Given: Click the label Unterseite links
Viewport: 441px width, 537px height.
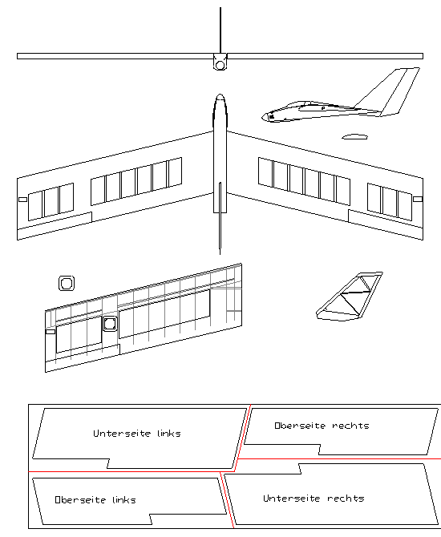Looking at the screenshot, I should point(137,434).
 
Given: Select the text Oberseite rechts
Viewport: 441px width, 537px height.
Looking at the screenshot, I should point(322,426).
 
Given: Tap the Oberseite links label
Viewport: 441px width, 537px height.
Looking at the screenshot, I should point(95,499).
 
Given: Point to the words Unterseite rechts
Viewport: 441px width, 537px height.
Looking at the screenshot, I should point(314,499).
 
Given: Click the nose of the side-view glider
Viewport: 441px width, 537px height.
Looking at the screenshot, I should point(266,117).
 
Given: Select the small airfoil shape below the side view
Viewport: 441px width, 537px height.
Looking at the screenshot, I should point(354,137).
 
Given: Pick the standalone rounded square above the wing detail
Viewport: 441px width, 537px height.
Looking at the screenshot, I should point(67,283).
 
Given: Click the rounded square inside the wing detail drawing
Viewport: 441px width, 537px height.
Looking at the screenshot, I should point(109,323).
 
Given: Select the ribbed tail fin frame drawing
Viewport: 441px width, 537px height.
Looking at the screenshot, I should point(350,298).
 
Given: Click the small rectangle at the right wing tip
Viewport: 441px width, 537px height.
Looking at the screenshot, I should point(417,196).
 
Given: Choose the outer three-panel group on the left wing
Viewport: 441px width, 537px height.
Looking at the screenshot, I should point(51,200).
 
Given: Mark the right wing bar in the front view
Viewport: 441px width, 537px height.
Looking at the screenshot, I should point(326,56).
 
